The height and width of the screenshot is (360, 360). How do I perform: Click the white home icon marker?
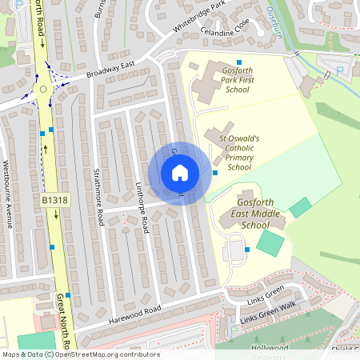tap(180, 173)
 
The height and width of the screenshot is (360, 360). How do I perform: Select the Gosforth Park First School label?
tap(227, 80)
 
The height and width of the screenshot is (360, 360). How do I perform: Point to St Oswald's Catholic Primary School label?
tap(239, 152)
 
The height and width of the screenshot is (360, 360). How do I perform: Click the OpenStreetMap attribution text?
tap(80, 354)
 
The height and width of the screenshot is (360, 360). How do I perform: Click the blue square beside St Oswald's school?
tap(215, 173)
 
